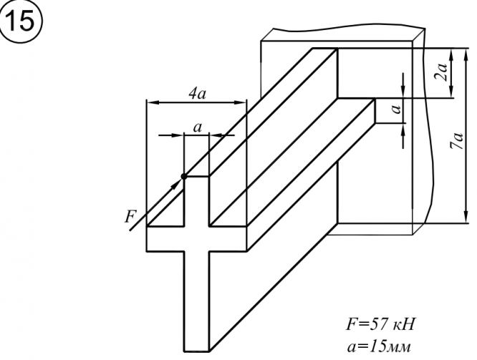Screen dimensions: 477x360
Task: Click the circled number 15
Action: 20,21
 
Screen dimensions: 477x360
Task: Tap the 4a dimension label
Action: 197,94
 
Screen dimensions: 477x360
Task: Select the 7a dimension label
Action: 458,140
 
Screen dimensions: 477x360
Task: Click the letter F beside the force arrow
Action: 130,216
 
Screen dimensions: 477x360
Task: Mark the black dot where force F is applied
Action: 184,176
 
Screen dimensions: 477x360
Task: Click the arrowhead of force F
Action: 177,184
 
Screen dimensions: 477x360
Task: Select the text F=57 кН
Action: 380,324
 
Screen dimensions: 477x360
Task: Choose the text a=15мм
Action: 379,346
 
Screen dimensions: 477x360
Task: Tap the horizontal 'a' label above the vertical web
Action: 198,127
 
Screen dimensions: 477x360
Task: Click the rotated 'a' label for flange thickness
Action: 396,108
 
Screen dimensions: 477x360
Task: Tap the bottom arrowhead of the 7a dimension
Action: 466,217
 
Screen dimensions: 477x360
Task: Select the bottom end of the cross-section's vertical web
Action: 196,351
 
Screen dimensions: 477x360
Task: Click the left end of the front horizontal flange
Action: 147,238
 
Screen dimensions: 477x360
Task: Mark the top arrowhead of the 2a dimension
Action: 451,54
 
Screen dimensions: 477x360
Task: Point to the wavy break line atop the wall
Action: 349,29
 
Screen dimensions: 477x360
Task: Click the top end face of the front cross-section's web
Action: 196,176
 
